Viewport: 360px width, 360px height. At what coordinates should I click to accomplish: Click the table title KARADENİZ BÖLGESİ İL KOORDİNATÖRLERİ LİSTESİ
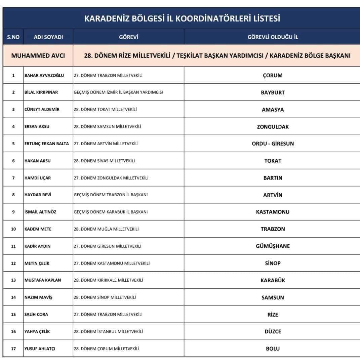(182, 18)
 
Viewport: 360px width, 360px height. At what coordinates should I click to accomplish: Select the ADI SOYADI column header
(48, 37)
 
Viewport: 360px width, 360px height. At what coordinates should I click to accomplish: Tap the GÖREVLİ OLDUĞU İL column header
(272, 37)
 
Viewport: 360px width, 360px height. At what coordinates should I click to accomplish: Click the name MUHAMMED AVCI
(38, 55)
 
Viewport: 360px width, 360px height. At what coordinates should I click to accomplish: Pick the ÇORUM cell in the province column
(272, 75)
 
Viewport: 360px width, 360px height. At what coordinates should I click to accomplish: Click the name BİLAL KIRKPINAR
(41, 92)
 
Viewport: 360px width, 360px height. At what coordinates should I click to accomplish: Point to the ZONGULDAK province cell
(273, 127)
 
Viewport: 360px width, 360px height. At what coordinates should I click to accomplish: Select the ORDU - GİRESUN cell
(273, 144)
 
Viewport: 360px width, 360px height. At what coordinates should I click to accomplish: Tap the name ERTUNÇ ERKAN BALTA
(47, 144)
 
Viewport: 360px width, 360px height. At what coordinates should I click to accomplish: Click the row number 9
(13, 212)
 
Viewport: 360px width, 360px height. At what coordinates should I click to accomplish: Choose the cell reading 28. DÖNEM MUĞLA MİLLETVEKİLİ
(106, 229)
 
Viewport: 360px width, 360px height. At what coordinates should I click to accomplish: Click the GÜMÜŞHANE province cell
(273, 246)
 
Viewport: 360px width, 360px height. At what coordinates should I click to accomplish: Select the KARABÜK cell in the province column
(273, 280)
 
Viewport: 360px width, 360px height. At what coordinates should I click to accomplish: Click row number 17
(13, 349)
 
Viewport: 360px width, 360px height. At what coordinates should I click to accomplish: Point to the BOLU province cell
(273, 349)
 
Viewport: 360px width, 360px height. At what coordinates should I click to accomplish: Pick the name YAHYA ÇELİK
(37, 331)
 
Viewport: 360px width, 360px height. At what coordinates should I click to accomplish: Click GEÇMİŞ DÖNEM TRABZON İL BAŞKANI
(111, 195)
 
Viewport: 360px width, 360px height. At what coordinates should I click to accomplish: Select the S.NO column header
(13, 37)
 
